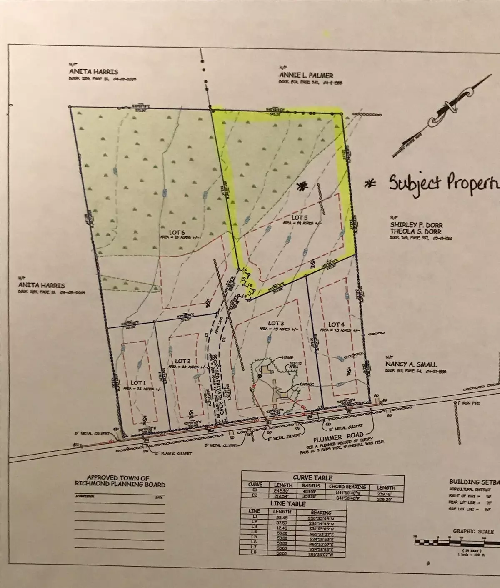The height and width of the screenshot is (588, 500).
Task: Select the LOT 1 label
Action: [139, 382]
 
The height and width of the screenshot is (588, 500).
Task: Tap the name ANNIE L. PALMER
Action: [306, 75]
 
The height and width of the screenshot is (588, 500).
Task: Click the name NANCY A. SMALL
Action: [405, 364]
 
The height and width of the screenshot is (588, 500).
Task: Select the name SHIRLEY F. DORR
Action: [410, 225]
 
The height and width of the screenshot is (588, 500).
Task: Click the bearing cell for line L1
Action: [321, 518]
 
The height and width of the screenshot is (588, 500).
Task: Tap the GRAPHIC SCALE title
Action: [473, 531]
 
